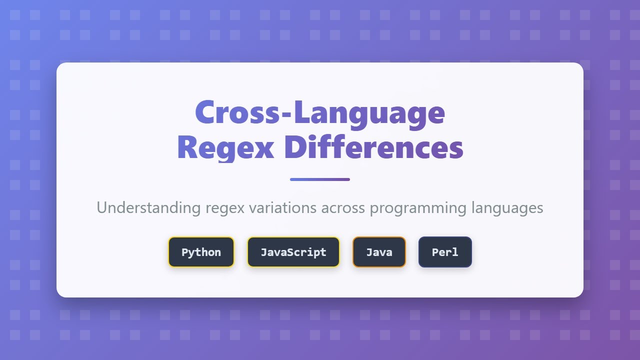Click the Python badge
click(201, 252)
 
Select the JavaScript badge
click(293, 252)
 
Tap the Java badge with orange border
click(379, 252)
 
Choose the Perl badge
click(445, 252)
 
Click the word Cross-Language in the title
click(320, 113)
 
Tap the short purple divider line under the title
click(320, 179)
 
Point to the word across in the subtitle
click(343, 207)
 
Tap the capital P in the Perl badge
click(435, 252)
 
